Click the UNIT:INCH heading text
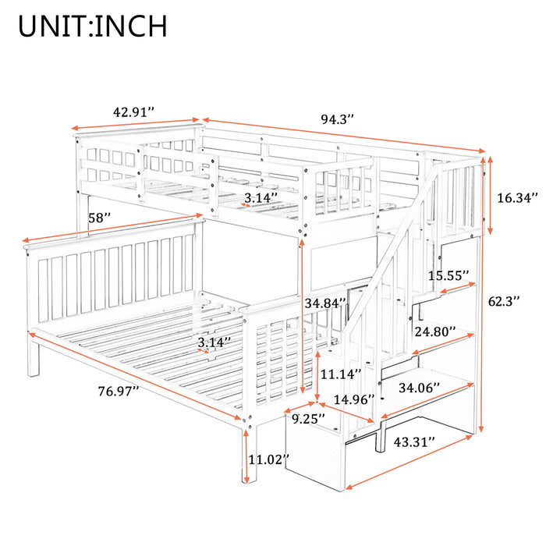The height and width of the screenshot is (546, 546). point(93,26)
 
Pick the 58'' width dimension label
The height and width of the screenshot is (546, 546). point(98,219)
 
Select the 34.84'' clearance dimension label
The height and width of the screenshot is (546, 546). point(324,303)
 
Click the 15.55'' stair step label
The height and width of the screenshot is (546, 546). point(448,275)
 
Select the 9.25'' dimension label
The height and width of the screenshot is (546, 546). point(308,419)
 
